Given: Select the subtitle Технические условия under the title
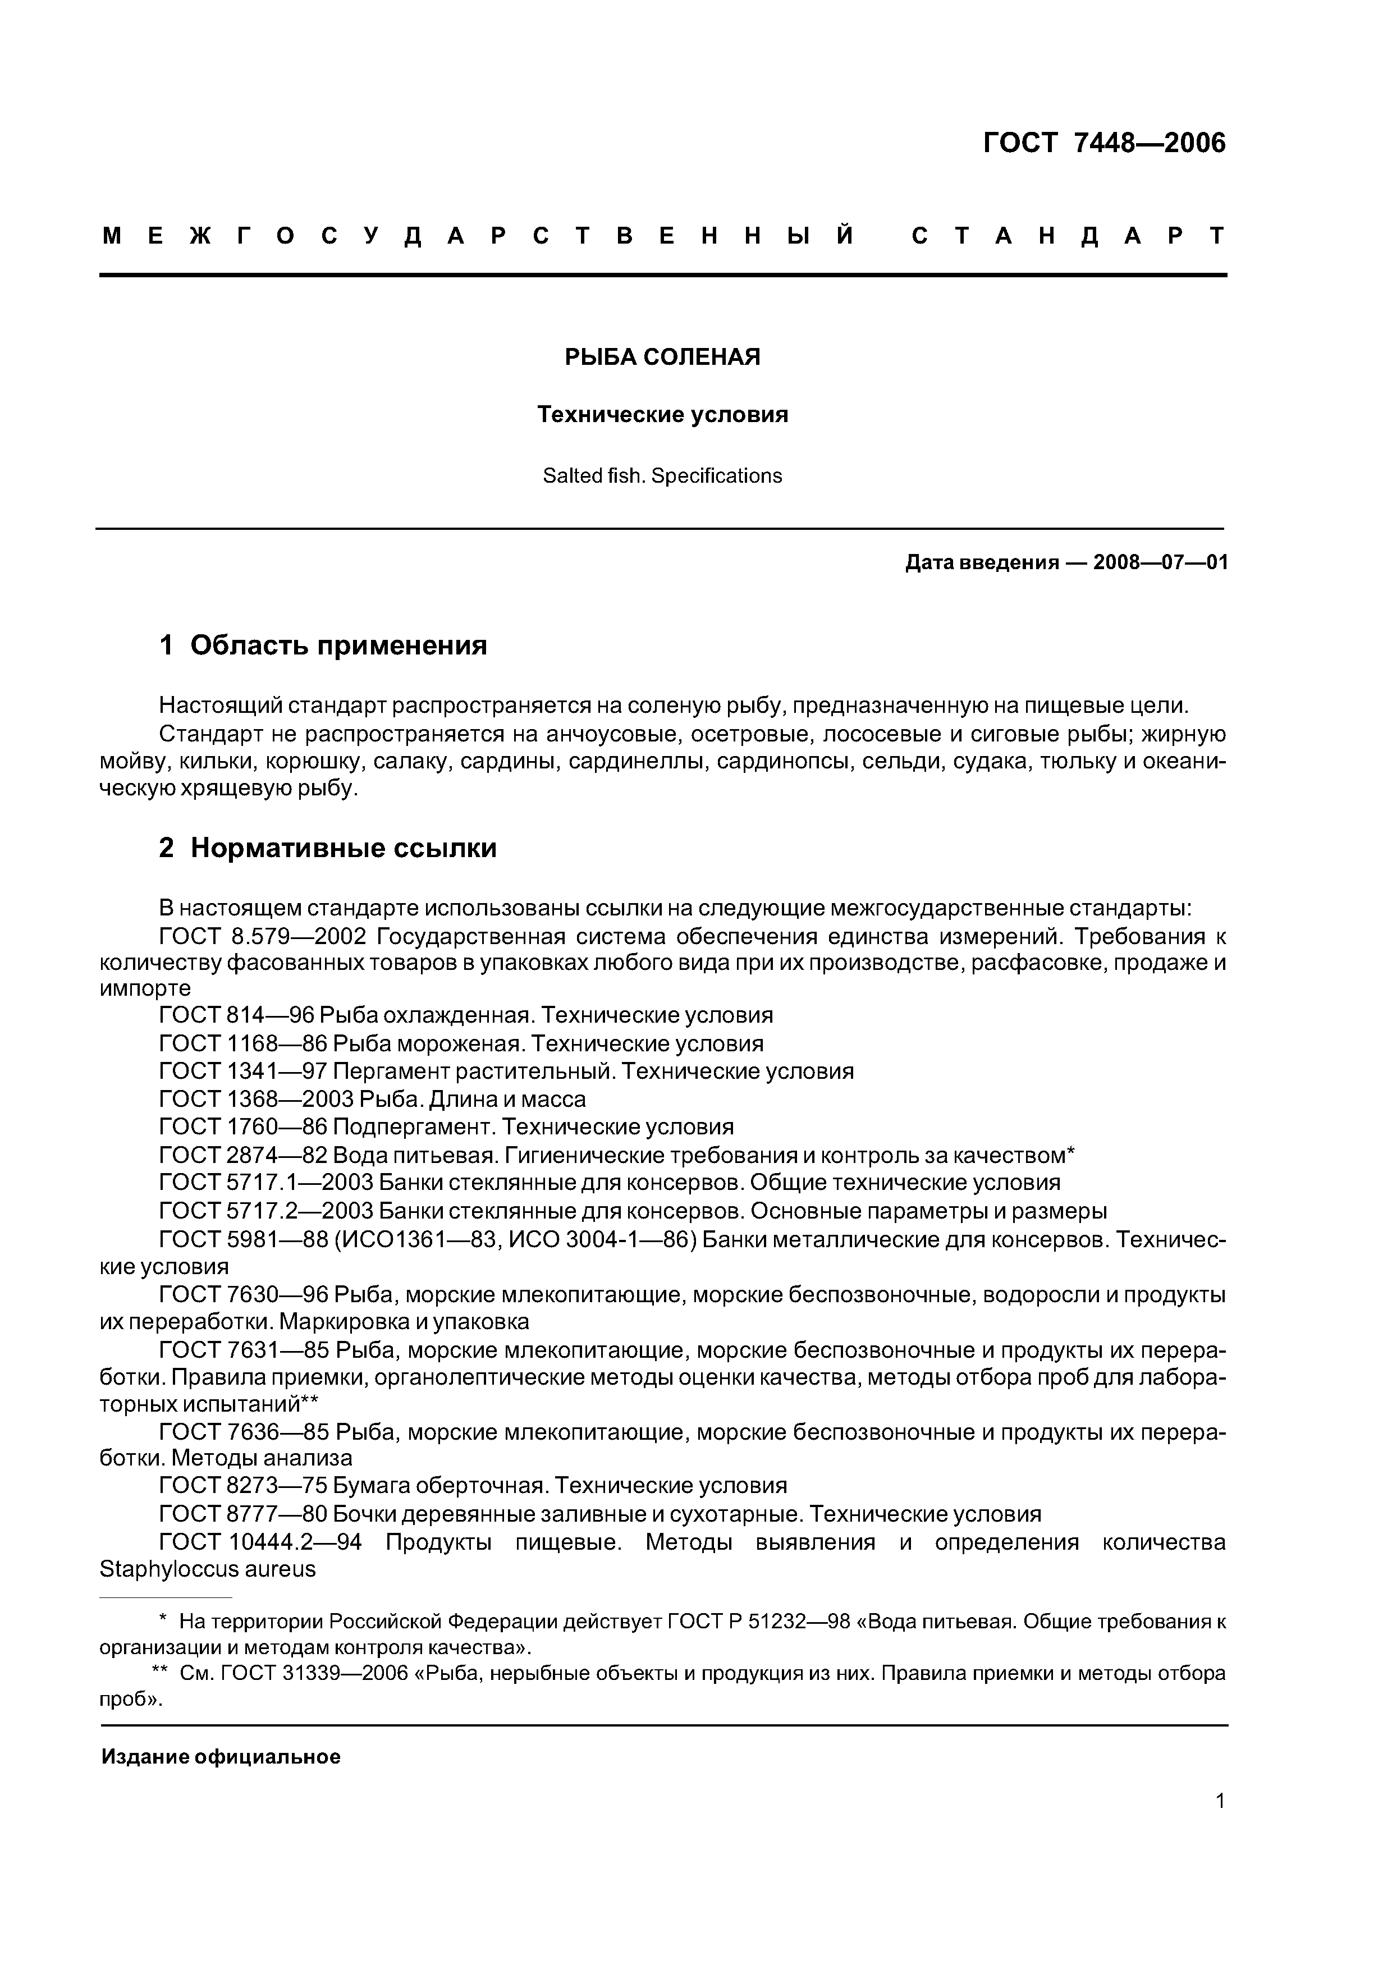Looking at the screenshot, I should pyautogui.click(x=662, y=415).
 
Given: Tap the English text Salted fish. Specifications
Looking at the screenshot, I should pyautogui.click(x=662, y=476).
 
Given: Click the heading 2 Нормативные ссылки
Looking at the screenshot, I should pyautogui.click(x=328, y=848).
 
